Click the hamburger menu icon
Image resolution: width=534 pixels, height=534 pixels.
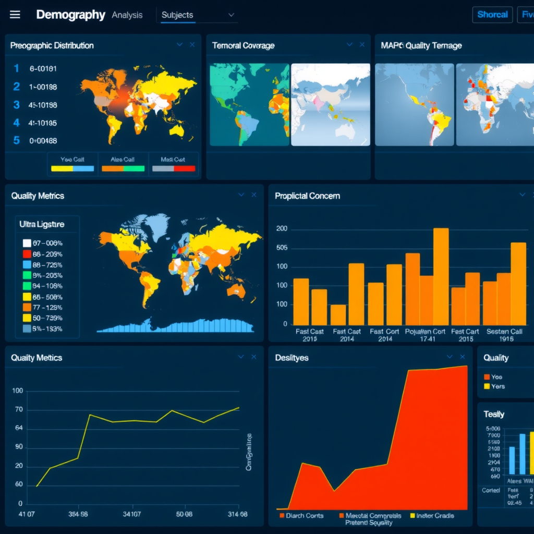pos(15,15)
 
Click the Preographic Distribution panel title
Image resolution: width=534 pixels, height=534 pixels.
pos(52,45)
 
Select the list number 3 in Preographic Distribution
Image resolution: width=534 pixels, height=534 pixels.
pos(17,105)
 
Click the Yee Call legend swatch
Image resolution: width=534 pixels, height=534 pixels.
pos(72,168)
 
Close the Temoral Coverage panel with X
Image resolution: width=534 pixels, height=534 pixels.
pos(362,45)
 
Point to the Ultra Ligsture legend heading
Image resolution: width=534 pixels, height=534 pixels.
pos(42,224)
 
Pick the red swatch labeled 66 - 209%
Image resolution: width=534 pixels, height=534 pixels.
pos(28,254)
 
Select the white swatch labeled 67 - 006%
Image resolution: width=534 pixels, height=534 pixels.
pos(28,243)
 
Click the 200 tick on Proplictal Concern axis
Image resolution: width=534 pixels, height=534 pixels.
pos(282,229)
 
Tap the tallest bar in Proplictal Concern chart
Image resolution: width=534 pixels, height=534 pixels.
pos(441,276)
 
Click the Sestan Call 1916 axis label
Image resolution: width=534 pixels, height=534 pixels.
pos(504,335)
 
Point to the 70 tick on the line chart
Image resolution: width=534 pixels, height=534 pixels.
pos(19,409)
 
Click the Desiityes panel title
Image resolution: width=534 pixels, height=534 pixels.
pos(292,358)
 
